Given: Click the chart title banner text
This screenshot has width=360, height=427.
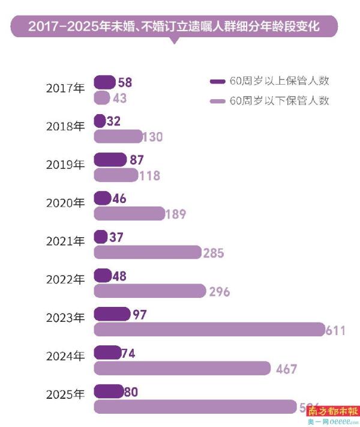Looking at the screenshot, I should point(174,27).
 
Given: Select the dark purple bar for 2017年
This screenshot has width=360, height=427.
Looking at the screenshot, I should point(104,82).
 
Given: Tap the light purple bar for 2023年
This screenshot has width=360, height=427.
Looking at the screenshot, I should point(209,329).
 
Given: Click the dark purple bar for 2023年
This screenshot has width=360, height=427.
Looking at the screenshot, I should point(112,314).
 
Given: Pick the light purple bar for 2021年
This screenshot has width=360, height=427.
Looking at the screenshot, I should point(148,252).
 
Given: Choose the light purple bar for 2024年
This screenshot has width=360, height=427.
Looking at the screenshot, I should point(182,368).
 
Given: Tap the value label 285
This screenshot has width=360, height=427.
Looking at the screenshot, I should point(214,253).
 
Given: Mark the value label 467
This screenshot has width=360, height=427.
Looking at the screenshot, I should point(286,369).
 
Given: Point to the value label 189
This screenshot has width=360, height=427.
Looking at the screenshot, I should point(176,214).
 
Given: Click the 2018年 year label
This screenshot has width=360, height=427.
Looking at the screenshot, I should point(65,126).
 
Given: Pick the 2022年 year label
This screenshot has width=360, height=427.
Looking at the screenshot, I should point(65,280).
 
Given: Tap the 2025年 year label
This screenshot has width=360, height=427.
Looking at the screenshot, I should point(65,395).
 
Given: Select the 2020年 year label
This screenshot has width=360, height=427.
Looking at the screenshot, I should point(65,203).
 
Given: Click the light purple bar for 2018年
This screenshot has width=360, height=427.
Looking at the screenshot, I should point(118,136).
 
